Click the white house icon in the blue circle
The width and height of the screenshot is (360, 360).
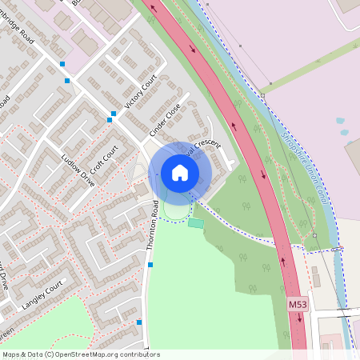(180, 172)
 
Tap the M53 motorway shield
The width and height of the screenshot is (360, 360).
(298, 304)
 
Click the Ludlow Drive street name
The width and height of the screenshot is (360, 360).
(78, 170)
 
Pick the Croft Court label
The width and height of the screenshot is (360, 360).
(104, 160)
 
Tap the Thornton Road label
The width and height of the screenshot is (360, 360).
(152, 226)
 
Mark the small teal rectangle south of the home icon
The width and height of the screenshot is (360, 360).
(196, 223)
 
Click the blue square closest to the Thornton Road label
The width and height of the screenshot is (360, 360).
(150, 264)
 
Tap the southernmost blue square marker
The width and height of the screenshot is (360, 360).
(139, 322)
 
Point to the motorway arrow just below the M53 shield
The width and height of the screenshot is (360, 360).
(299, 318)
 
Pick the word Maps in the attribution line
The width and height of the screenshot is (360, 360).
(11, 354)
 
